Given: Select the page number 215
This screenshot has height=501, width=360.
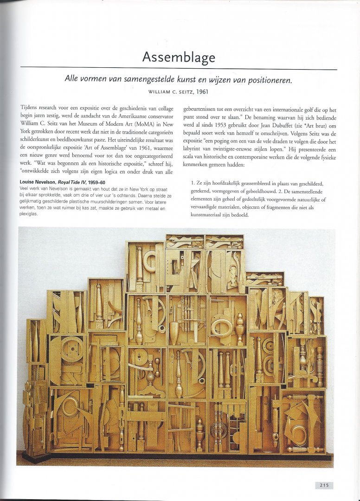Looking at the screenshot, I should click(x=323, y=485).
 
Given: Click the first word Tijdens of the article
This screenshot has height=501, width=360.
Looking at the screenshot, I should click(x=28, y=107).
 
